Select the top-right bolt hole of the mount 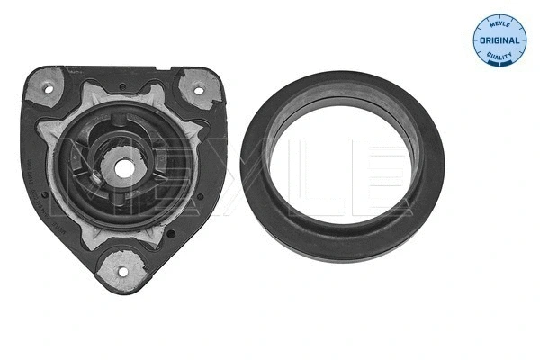tap(194, 89)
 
